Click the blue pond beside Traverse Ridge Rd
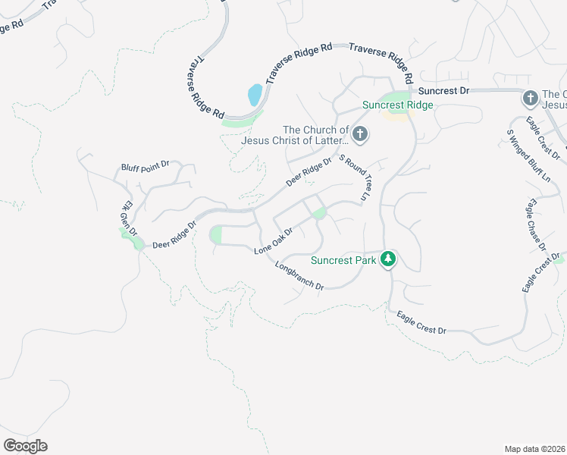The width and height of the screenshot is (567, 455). point(255,95)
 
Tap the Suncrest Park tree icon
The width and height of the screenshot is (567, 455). point(388,259)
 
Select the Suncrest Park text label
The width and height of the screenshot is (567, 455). point(343,260)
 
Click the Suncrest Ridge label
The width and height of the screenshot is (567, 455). point(397,105)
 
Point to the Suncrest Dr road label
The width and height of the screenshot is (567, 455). point(444,90)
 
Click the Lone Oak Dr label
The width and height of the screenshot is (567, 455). point(274,240)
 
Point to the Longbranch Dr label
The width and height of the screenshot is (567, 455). point(299,277)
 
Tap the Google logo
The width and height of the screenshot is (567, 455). point(25,446)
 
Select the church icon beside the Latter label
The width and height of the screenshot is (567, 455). point(360,135)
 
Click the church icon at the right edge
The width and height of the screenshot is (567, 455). point(530,99)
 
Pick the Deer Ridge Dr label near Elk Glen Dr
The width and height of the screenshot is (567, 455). point(174,234)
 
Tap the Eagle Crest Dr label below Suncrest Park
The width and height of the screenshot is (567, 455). point(421,321)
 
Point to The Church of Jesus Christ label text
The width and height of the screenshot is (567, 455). point(296,135)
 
